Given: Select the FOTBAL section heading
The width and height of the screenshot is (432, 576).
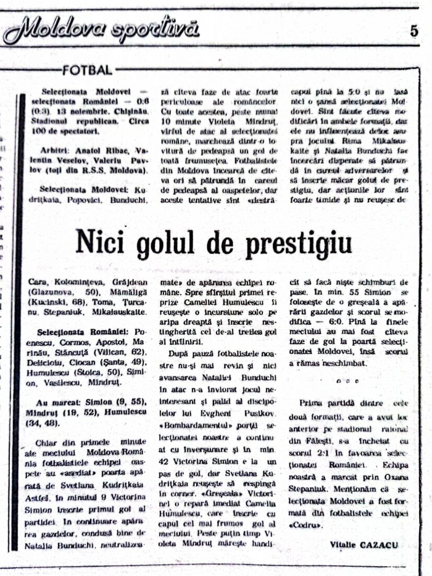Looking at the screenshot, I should coord(87,70).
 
